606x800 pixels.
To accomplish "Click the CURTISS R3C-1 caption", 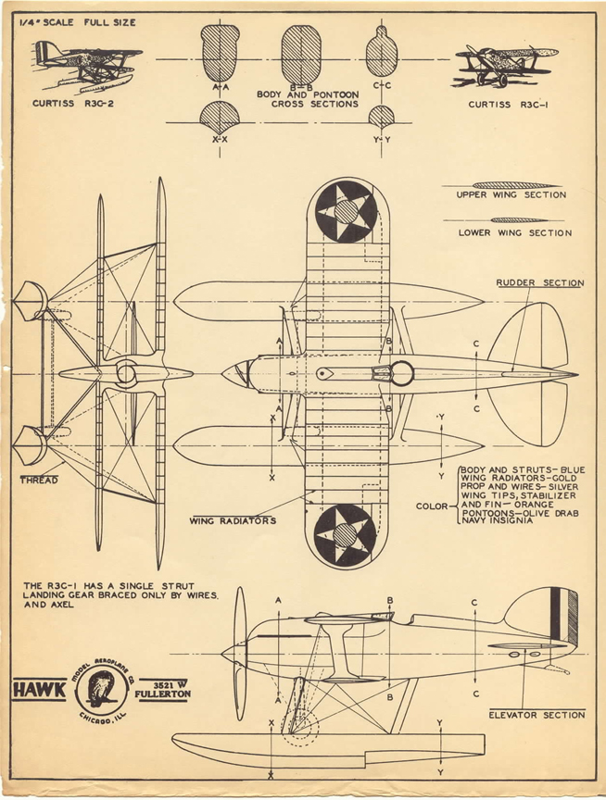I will pyautogui.click(x=508, y=105).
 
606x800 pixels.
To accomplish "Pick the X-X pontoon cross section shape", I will pyautogui.click(x=221, y=117).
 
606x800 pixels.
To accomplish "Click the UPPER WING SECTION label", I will pyautogui.click(x=511, y=196).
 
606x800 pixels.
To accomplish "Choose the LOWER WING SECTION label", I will pyautogui.click(x=514, y=233).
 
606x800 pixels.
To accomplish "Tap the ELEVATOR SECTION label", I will pyautogui.click(x=537, y=715).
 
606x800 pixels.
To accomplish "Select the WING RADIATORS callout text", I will pyautogui.click(x=233, y=520).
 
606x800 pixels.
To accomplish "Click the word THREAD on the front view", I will pyautogui.click(x=38, y=480).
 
